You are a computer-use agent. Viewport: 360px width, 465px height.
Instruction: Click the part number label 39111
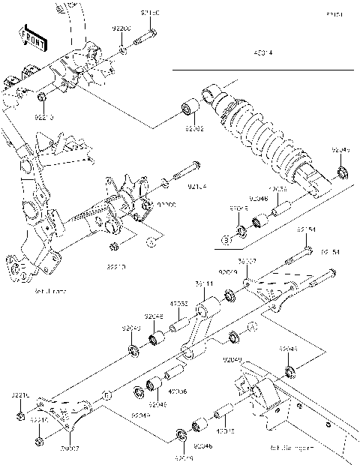[204, 284]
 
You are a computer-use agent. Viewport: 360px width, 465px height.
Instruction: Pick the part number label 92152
[193, 128]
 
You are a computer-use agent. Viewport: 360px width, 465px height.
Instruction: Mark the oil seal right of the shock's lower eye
[343, 174]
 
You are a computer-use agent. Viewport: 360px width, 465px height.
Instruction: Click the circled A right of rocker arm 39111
[251, 325]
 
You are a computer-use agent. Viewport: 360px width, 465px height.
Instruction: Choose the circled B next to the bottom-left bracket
[107, 394]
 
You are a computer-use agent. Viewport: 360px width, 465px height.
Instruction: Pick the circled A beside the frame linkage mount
[151, 241]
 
